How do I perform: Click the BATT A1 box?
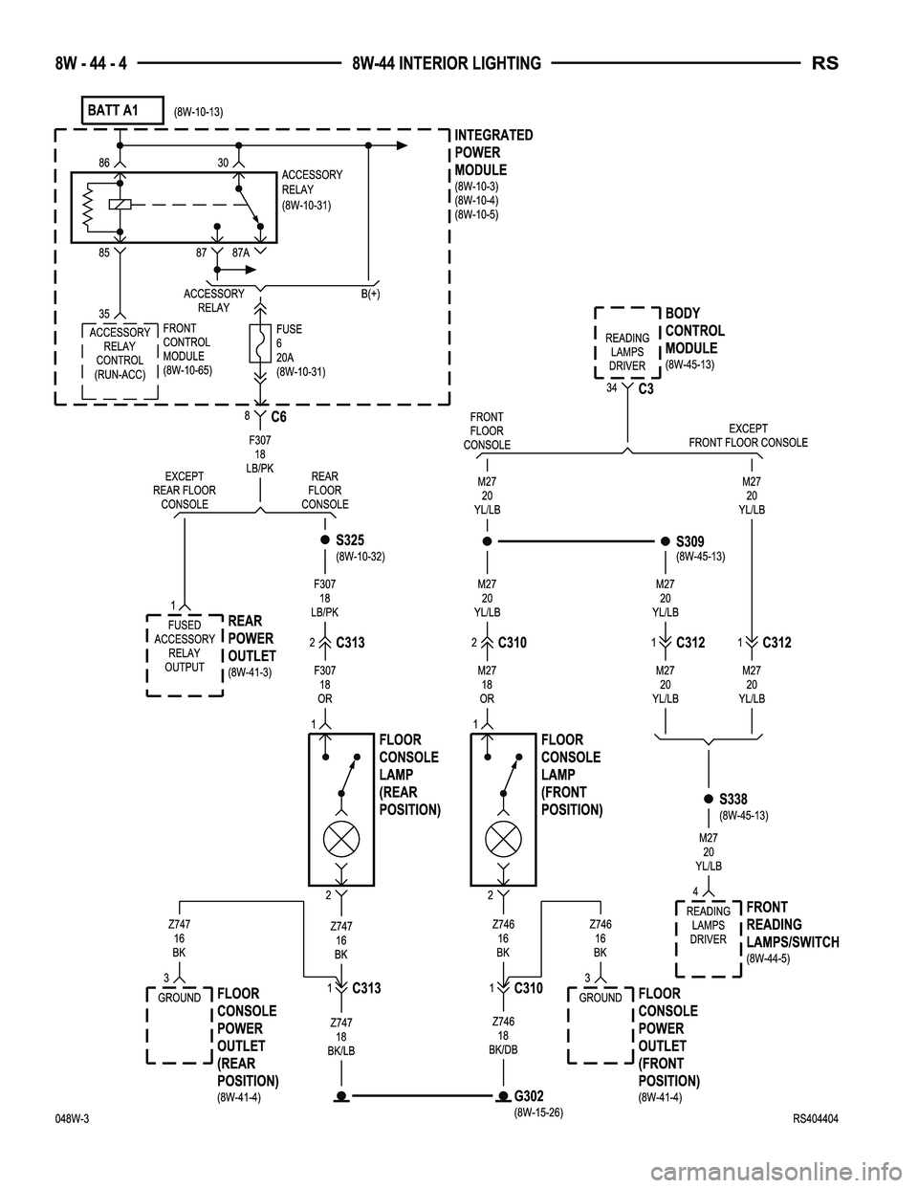pyautogui.click(x=123, y=110)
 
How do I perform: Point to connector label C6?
pyautogui.click(x=278, y=417)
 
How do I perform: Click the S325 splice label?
pyautogui.click(x=350, y=540)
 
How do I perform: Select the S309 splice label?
pyautogui.click(x=689, y=541)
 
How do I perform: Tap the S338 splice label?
pyautogui.click(x=732, y=799)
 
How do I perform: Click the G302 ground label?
pyautogui.click(x=529, y=1095)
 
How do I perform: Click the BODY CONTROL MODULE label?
pyautogui.click(x=694, y=331)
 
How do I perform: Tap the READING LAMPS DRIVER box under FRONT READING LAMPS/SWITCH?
pyautogui.click(x=708, y=926)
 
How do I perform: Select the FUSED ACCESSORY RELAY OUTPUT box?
pyautogui.click(x=184, y=647)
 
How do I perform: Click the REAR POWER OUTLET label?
pyautogui.click(x=251, y=638)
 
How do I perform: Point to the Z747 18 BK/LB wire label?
pyautogui.click(x=342, y=1037)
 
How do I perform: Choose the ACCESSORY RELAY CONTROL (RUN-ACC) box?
pyautogui.click(x=120, y=354)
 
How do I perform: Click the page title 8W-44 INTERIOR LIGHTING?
pyautogui.click(x=446, y=63)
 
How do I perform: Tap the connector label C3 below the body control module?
pyautogui.click(x=645, y=389)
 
